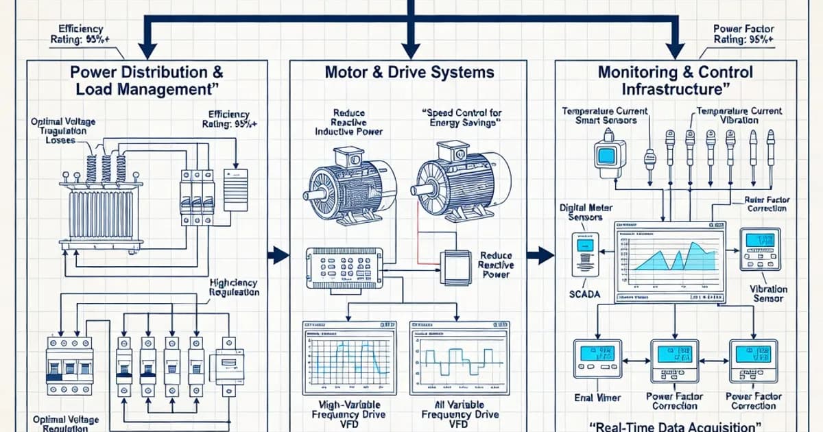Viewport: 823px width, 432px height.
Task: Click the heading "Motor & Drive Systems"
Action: (409, 72)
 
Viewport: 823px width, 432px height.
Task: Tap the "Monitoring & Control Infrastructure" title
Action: (675, 80)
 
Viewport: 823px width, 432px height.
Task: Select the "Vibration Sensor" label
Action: (768, 294)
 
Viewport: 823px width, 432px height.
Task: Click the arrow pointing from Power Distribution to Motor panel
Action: (278, 256)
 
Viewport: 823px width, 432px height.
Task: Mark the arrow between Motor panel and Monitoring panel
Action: (542, 256)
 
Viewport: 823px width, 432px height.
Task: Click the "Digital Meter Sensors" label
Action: (586, 212)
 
